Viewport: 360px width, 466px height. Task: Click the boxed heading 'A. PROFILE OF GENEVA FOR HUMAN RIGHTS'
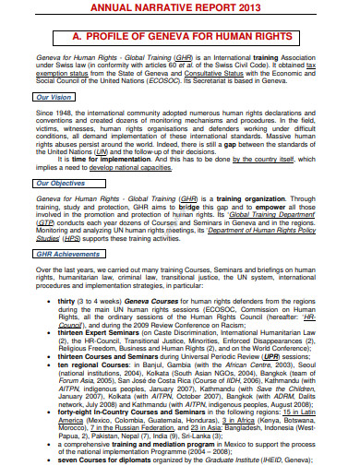point(181,36)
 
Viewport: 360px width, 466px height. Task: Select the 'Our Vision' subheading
point(53,96)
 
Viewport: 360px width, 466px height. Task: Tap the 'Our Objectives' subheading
point(60,184)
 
